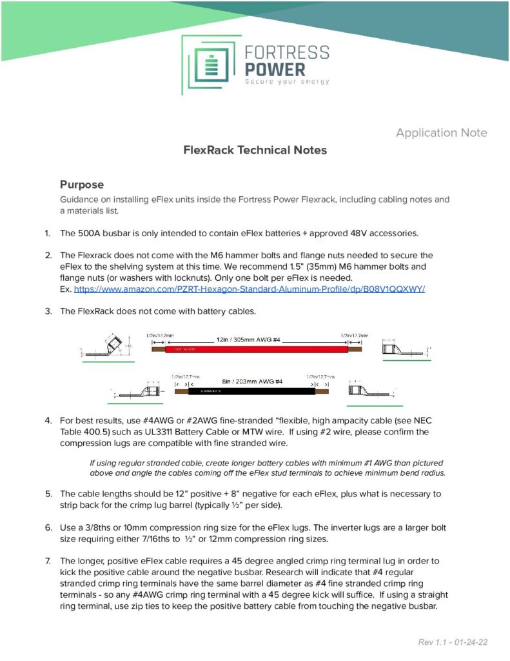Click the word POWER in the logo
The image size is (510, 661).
pyautogui.click(x=275, y=68)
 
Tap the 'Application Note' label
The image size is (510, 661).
pyautogui.click(x=442, y=133)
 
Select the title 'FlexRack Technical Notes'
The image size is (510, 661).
pyautogui.click(x=255, y=150)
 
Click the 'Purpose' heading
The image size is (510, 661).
pyautogui.click(x=82, y=185)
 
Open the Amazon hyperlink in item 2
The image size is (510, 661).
pyautogui.click(x=250, y=289)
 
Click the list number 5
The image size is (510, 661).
pyautogui.click(x=48, y=494)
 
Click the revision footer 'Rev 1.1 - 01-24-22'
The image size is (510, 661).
pyautogui.click(x=452, y=643)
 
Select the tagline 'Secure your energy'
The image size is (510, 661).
pyautogui.click(x=287, y=82)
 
